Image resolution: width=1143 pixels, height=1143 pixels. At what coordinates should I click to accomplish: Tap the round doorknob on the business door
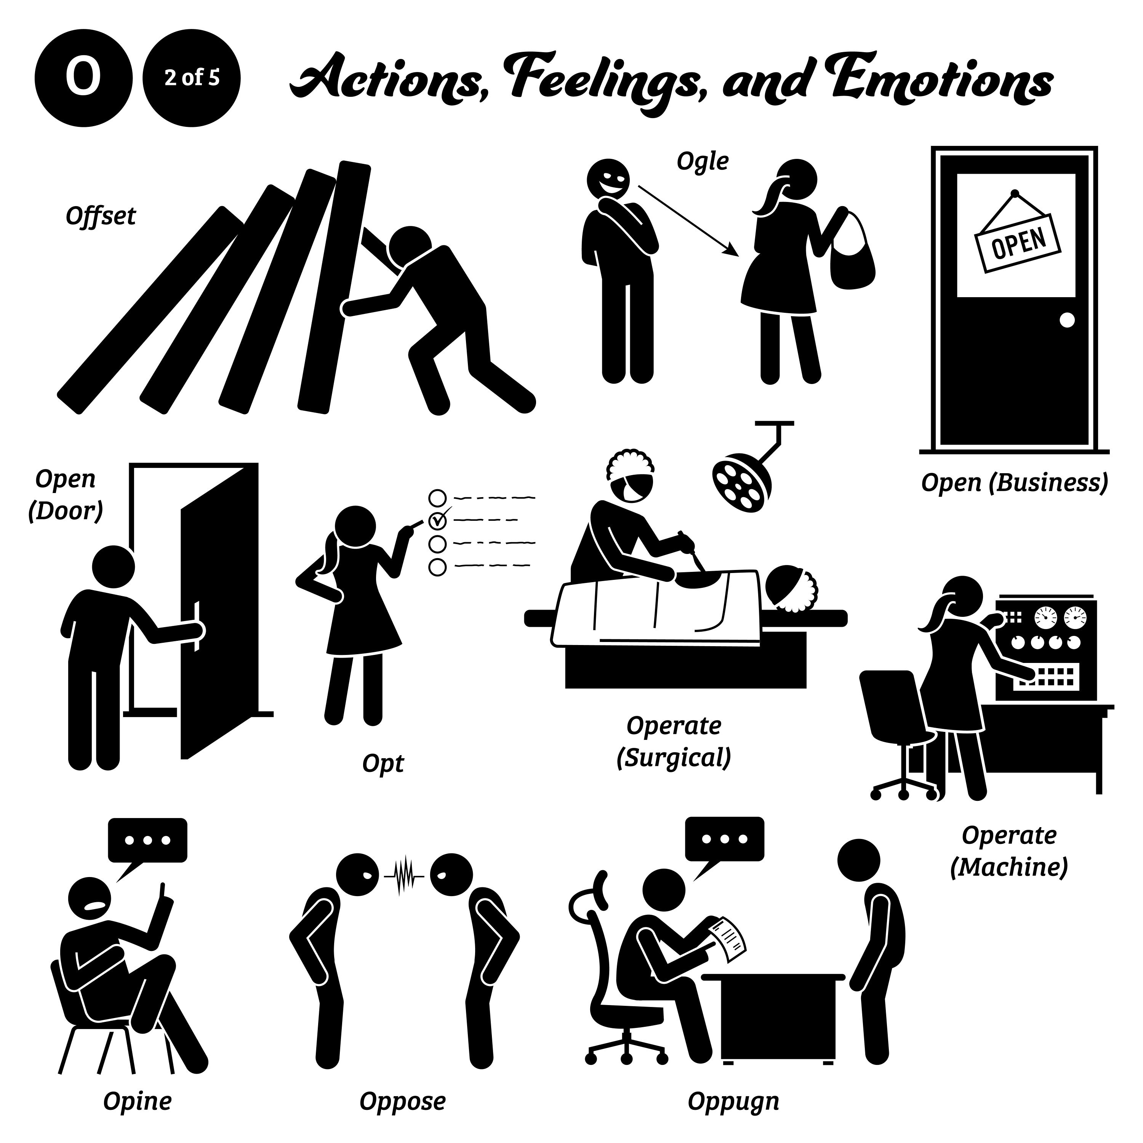click(x=1067, y=320)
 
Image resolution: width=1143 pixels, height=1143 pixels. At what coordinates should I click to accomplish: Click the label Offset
click(x=101, y=216)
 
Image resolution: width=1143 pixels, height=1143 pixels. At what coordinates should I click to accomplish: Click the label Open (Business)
click(x=1014, y=483)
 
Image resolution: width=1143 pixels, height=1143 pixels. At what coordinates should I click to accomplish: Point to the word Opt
click(x=383, y=763)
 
